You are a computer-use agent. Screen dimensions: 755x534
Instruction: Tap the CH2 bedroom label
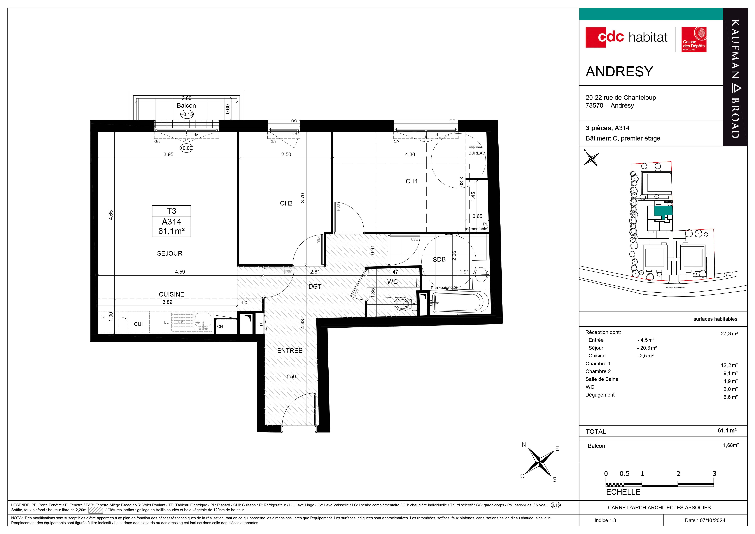tap(286, 203)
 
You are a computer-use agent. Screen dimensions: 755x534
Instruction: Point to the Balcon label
tap(186, 105)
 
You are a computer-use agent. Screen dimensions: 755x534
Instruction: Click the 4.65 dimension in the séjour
tap(111, 215)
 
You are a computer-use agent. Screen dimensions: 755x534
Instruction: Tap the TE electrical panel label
tap(259, 324)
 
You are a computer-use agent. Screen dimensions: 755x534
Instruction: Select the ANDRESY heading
tap(619, 72)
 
